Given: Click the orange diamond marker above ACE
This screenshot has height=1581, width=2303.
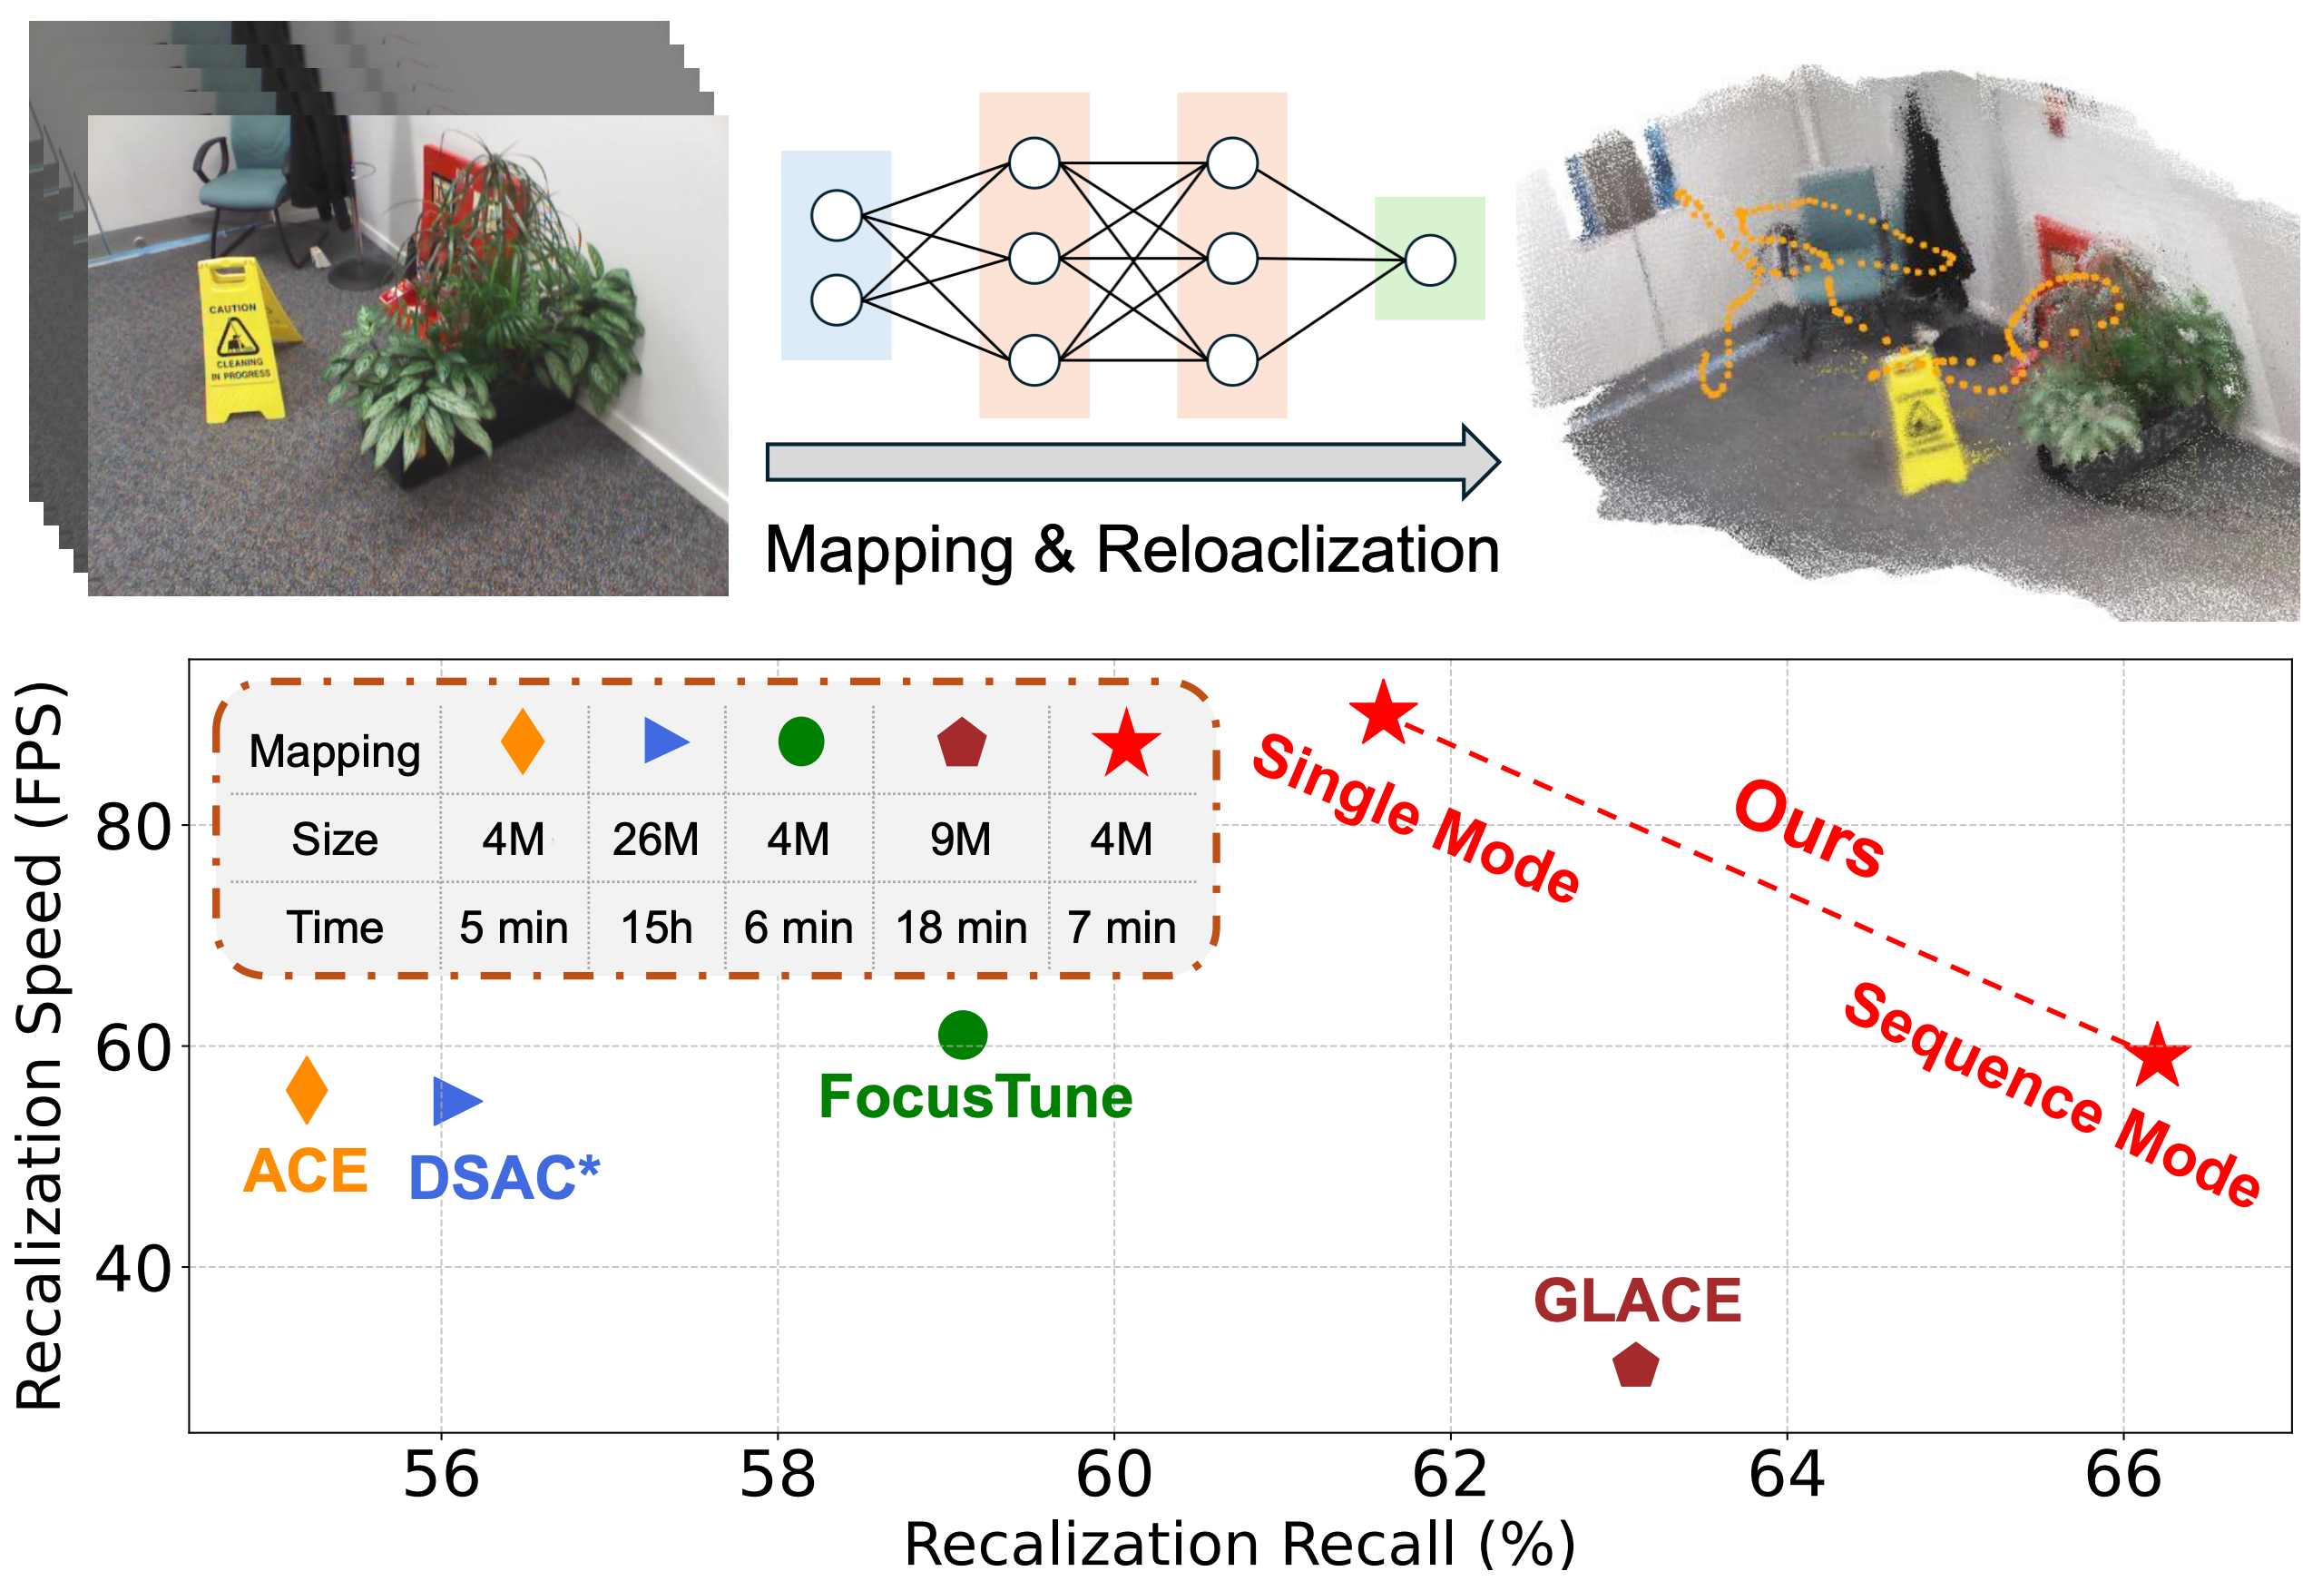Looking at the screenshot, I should (x=306, y=1090).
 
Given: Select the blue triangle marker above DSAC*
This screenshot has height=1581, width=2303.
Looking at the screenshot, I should (x=455, y=1101).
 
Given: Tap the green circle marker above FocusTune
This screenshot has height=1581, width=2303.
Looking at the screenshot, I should (x=962, y=1035).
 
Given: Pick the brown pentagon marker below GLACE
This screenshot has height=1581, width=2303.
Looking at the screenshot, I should (x=1635, y=1367).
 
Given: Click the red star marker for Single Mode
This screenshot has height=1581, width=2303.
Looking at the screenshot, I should (x=1384, y=713).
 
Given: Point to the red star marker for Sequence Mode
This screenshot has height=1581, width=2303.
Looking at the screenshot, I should (x=2157, y=1056).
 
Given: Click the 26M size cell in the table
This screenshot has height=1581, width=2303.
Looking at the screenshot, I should (x=655, y=840).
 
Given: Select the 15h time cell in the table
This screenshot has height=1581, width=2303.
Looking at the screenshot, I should (x=656, y=928).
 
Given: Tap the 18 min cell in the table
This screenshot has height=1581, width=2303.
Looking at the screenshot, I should (x=961, y=928).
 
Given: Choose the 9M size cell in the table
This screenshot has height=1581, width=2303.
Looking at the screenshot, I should (x=959, y=840).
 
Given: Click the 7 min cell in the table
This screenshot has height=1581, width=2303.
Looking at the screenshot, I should (x=1122, y=928).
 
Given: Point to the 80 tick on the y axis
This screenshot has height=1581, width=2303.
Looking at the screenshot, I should (x=133, y=827).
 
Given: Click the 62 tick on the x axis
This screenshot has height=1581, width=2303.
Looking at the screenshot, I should (x=1450, y=1475).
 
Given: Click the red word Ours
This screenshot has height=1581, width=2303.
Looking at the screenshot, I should (x=1808, y=830).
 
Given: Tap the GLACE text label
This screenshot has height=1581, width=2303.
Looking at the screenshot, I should (x=1637, y=1301).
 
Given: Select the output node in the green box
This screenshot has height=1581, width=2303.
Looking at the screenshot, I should (x=1429, y=260).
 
